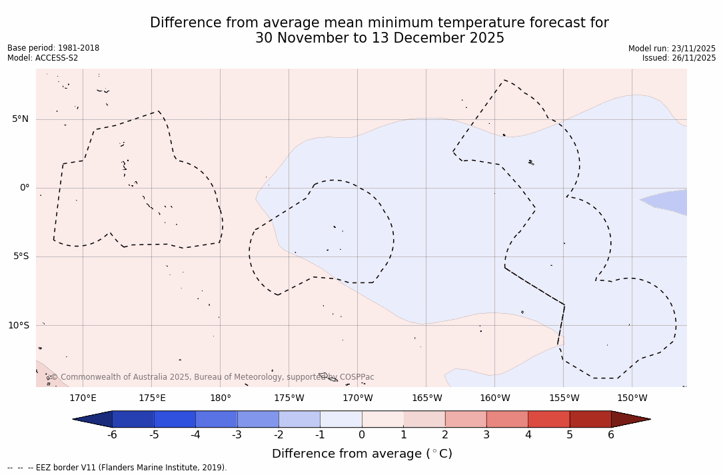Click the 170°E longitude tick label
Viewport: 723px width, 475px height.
[83, 398]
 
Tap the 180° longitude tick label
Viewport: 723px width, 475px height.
[221, 398]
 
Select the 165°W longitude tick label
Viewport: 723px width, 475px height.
[426, 398]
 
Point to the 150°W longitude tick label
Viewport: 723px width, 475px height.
[632, 398]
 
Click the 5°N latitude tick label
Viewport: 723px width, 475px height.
[20, 119]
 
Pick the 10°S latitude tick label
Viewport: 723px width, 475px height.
[18, 326]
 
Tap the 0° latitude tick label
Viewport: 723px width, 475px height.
[25, 188]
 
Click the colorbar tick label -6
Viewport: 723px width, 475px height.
[112, 435]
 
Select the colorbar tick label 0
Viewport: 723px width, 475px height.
[362, 435]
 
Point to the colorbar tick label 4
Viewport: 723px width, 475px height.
[528, 435]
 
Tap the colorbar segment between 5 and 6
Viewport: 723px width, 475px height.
[590, 419]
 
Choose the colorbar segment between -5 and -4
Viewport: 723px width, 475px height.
[175, 419]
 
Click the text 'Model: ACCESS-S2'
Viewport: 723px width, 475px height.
[43, 58]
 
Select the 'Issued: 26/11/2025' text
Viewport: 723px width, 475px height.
[678, 58]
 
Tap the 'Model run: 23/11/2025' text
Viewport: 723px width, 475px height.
[672, 49]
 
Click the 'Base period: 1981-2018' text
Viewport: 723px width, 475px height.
[53, 48]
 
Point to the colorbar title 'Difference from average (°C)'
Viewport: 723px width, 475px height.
[362, 454]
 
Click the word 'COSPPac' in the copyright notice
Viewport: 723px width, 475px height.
[357, 377]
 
